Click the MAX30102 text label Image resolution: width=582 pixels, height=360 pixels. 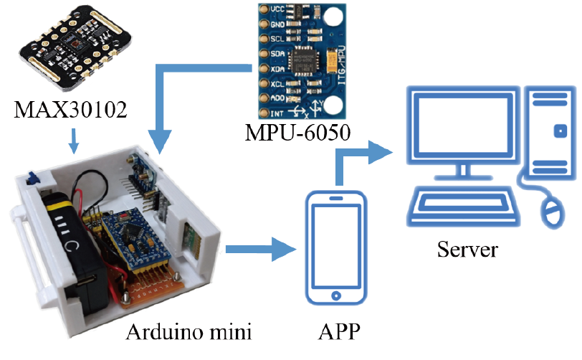click(70, 110)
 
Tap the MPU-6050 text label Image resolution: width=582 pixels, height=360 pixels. click(297, 132)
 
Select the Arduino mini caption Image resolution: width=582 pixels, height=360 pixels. click(189, 332)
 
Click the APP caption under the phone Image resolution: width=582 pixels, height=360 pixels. click(339, 332)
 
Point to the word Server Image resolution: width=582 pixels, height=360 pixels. click(467, 250)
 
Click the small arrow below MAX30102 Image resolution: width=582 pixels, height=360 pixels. click(74, 141)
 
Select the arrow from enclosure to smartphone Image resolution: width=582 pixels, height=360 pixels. click(261, 250)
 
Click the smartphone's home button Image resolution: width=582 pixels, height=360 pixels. click(336, 295)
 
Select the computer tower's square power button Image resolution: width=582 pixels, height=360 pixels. click(560, 131)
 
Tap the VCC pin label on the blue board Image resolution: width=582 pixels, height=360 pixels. click(277, 9)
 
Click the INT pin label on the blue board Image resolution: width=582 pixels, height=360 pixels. click(277, 113)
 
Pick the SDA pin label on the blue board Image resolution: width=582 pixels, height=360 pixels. click(277, 54)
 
